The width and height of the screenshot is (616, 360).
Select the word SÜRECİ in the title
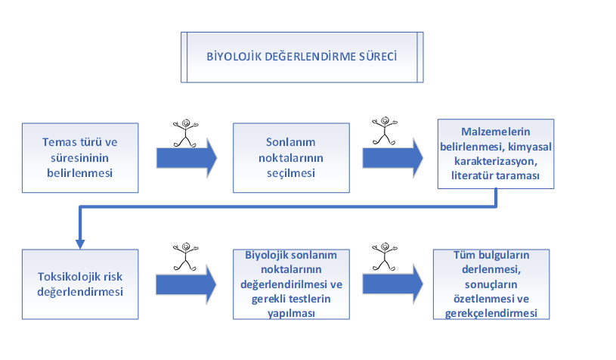click(x=377, y=57)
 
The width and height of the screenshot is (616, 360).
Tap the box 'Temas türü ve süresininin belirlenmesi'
click(x=80, y=157)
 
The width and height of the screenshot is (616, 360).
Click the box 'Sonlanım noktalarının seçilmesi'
click(x=291, y=157)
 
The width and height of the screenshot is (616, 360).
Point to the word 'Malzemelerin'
click(x=495, y=132)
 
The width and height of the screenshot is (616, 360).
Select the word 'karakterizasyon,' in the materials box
click(x=496, y=161)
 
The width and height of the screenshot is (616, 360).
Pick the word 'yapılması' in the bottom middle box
click(x=291, y=313)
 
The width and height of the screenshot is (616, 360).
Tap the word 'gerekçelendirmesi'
click(x=491, y=313)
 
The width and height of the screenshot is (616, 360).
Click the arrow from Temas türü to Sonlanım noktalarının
click(x=187, y=158)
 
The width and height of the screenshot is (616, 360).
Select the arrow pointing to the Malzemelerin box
click(x=392, y=158)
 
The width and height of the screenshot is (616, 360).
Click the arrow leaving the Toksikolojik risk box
click(x=186, y=284)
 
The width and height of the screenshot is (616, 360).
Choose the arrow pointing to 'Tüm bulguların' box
click(x=392, y=284)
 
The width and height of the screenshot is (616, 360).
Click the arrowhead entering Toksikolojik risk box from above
click(x=80, y=244)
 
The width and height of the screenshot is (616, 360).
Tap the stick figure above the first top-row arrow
click(x=185, y=133)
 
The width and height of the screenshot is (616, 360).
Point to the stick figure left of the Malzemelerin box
click(x=385, y=131)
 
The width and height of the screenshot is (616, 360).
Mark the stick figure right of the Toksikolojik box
click(x=185, y=256)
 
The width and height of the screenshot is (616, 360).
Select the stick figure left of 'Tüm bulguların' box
click(x=385, y=256)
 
